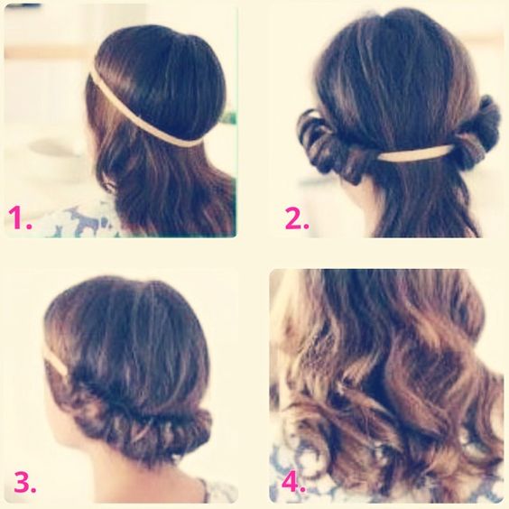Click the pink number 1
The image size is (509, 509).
click(x=20, y=217)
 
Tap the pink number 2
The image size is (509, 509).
click(x=297, y=217)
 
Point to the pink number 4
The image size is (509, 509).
click(x=293, y=482)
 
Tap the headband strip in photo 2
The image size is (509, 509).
click(x=415, y=153)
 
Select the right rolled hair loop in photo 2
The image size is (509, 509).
click(x=477, y=133)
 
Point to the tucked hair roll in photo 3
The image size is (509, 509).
click(x=140, y=425)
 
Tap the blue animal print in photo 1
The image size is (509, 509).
click(x=87, y=221)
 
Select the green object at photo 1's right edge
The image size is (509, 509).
click(x=230, y=116)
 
